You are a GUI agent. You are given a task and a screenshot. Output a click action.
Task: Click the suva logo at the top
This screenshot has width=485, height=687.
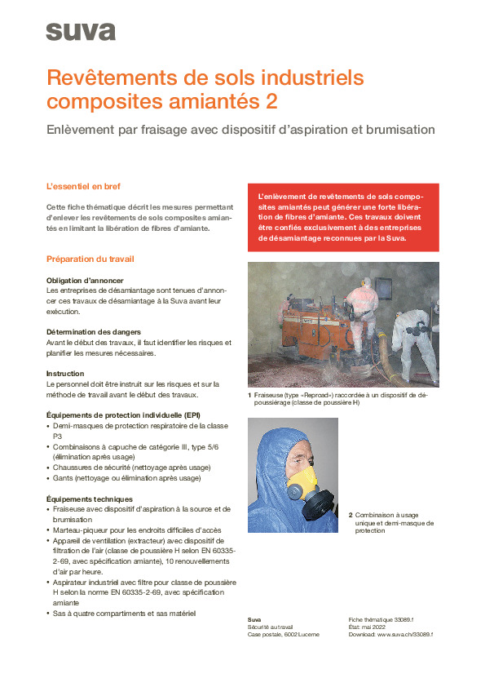tap(81, 32)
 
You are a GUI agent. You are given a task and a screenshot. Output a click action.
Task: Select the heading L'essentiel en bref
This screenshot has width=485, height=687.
tap(83, 186)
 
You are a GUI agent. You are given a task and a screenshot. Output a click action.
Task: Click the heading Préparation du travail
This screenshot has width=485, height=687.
tap(90, 259)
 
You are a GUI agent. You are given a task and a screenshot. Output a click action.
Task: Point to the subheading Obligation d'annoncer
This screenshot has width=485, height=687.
tap(85, 280)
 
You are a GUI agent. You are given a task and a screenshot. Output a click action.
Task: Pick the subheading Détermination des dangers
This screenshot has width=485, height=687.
tap(94, 332)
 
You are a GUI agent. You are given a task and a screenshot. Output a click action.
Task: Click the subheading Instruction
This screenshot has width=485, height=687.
tap(65, 374)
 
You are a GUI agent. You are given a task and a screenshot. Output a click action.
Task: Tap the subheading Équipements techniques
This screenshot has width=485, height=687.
tap(90, 499)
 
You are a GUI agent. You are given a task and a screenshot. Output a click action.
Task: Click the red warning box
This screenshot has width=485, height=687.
tap(342, 218)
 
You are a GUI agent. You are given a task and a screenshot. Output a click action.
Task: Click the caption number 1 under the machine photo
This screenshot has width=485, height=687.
tap(249, 396)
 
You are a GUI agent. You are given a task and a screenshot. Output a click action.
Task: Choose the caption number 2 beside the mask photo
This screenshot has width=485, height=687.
tap(351, 515)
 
